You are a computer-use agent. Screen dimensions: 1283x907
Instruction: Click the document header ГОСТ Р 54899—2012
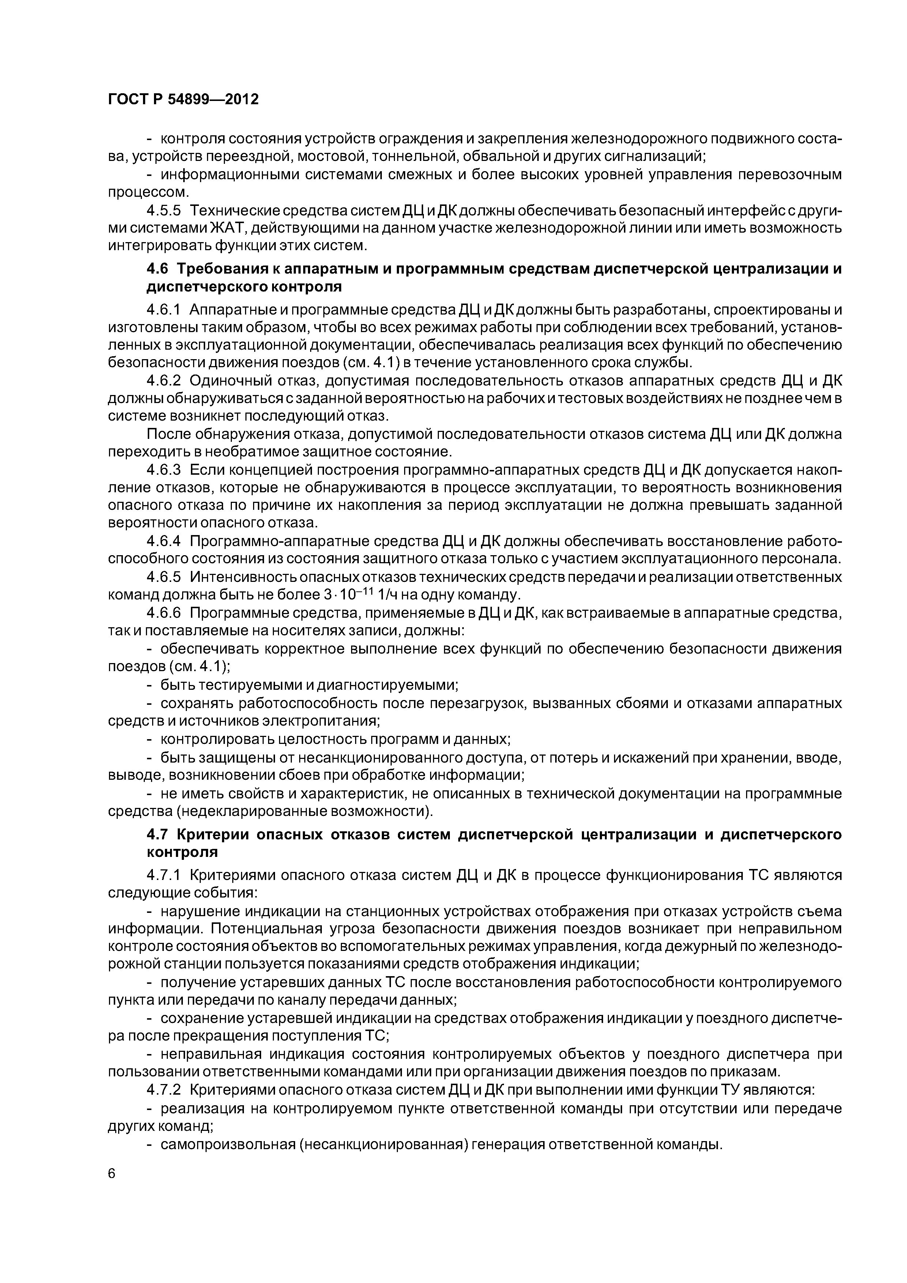183,100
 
